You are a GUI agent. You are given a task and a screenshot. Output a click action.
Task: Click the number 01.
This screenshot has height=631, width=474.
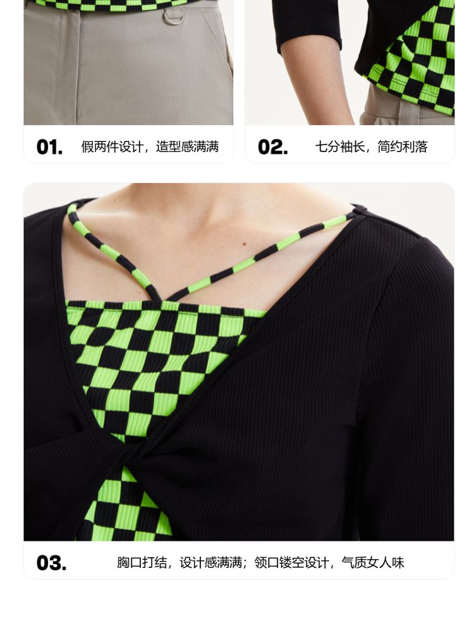49,147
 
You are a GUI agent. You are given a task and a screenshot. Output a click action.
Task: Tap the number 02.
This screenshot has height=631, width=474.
273,147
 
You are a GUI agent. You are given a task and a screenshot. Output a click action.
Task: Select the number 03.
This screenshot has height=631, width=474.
51,563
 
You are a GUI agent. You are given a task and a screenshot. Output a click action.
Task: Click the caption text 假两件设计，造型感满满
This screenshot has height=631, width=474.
150,147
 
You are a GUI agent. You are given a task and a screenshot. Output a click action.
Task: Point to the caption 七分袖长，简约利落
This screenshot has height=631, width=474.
371,147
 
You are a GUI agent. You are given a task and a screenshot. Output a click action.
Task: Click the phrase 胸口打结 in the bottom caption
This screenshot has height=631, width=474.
142,563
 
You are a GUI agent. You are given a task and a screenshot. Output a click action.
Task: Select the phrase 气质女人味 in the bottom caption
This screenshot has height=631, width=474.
373,563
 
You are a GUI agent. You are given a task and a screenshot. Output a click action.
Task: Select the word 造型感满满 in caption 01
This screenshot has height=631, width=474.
188,147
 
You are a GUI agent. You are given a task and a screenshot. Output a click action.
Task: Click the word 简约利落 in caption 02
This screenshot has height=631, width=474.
403,147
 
